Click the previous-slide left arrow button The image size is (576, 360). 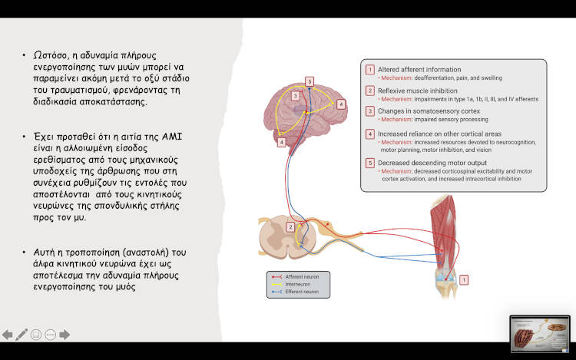pos(8,335)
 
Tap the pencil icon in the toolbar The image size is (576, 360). pos(22,335)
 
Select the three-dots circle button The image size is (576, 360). pos(50,335)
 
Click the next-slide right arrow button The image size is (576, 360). pos(65,335)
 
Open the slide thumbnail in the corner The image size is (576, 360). pos(540,334)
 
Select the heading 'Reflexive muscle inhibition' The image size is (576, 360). pos(418,91)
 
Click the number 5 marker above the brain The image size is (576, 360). pos(309,81)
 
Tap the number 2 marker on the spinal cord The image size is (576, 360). pos(290,227)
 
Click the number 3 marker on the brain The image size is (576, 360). pos(295,96)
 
